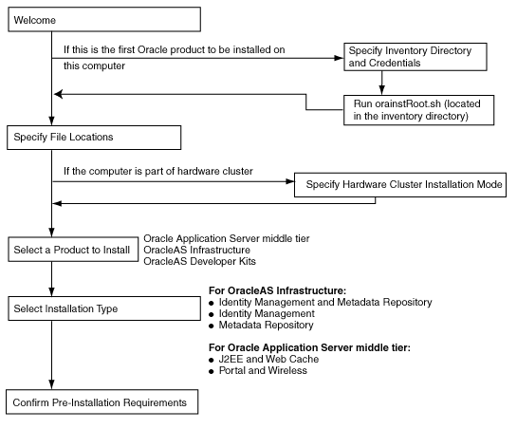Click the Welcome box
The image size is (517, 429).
pyautogui.click(x=102, y=19)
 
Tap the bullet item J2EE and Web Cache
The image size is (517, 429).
pyautogui.click(x=270, y=360)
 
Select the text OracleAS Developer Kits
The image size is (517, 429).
pyautogui.click(x=199, y=261)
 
